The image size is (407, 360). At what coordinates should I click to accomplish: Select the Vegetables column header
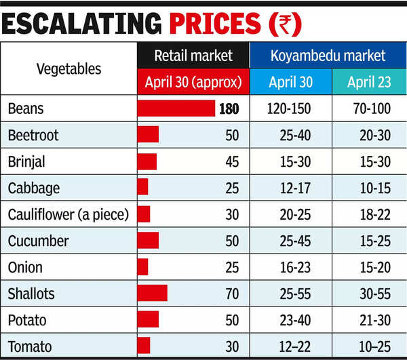coord(69,68)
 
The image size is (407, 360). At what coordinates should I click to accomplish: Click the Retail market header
coord(193,56)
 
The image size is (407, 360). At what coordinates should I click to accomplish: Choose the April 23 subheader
coord(368,83)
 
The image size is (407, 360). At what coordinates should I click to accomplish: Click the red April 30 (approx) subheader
coord(193,83)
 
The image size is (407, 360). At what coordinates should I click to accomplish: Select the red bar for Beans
coord(176,108)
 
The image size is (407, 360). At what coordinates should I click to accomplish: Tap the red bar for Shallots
coord(152,293)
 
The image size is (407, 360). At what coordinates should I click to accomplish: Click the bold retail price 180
coord(229,108)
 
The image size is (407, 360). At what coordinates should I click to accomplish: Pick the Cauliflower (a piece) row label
coord(68,214)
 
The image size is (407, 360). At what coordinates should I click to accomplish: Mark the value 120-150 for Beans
coord(290,108)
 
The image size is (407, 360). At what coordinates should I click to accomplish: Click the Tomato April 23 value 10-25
coord(368,346)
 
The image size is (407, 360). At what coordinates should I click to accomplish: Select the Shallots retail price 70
coord(232,293)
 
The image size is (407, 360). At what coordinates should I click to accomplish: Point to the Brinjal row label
coord(26,161)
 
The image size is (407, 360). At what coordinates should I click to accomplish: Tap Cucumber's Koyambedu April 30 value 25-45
coord(290,241)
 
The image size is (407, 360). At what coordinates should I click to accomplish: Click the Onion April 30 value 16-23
coord(290,267)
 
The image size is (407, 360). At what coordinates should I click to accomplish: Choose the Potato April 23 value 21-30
coord(368,319)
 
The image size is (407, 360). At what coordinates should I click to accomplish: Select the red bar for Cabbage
coord(142,188)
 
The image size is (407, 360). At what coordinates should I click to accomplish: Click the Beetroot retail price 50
coord(232,135)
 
